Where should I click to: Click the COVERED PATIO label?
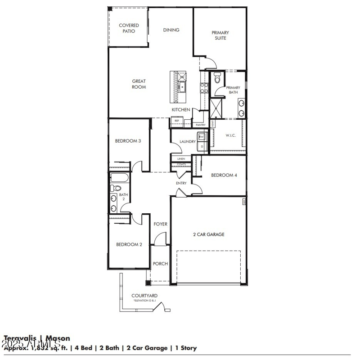pyautogui.click(x=129, y=28)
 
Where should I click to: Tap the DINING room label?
pyautogui.click(x=171, y=30)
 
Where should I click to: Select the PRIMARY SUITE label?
pyautogui.click(x=220, y=35)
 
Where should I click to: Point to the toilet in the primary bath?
pyautogui.click(x=217, y=79)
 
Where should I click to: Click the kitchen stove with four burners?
pyautogui.click(x=204, y=88)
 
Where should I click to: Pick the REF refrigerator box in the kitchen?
pyautogui.click(x=176, y=121)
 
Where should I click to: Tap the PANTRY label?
pyautogui.click(x=200, y=125)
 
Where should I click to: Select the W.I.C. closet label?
pyautogui.click(x=230, y=135)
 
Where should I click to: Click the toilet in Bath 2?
pyautogui.click(x=116, y=188)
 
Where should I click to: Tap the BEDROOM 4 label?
pyautogui.click(x=224, y=175)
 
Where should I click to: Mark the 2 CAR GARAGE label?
pyautogui.click(x=209, y=234)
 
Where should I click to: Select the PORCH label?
pyautogui.click(x=160, y=264)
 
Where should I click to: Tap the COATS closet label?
pyautogui.click(x=181, y=164)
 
